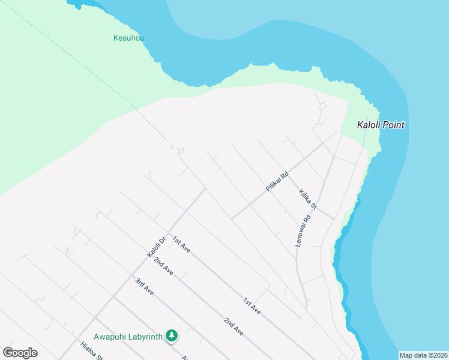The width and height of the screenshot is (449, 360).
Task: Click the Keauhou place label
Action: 128,38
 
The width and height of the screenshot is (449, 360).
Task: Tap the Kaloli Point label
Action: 381,125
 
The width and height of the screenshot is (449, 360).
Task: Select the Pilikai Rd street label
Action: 277,182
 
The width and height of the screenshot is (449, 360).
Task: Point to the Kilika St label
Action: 307,200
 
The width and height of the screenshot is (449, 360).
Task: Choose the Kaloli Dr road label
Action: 157,246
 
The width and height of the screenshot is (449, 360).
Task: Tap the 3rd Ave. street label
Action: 145,287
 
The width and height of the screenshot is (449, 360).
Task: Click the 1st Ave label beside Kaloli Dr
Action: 181,244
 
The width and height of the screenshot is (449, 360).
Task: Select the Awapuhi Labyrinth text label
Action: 128,337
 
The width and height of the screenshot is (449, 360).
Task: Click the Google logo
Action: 20,353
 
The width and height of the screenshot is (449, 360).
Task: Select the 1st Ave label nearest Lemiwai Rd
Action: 252,306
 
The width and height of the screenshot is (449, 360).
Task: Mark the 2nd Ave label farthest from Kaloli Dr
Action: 234,326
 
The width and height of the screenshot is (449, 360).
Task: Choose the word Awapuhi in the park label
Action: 109,337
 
